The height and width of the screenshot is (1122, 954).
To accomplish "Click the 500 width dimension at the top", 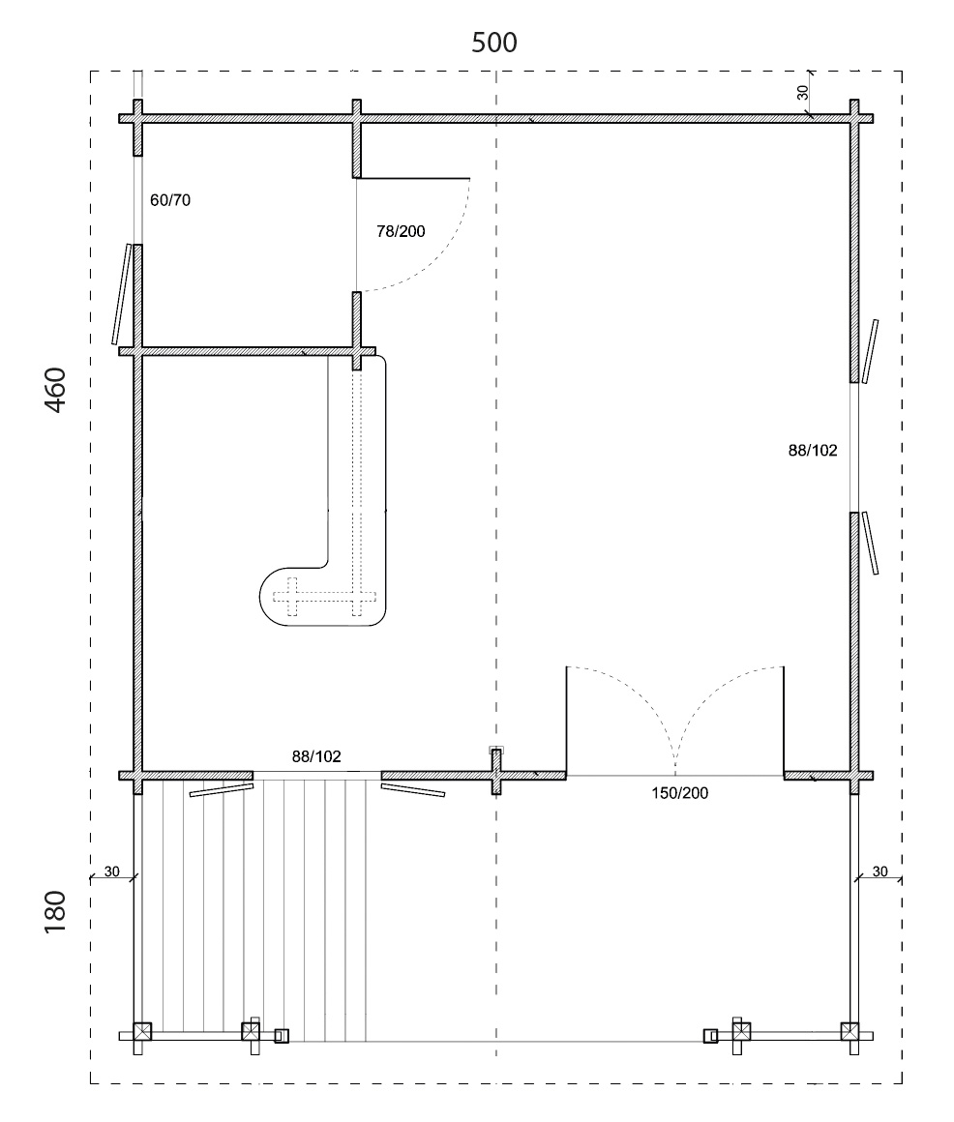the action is (x=493, y=43).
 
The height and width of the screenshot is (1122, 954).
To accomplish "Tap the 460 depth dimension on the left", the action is (x=56, y=390).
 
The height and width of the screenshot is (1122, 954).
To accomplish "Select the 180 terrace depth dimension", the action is (x=56, y=911).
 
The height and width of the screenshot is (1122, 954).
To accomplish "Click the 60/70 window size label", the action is (x=170, y=200).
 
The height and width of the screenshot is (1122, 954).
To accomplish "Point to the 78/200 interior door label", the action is (x=401, y=231).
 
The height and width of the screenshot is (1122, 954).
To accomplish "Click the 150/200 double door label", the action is (x=680, y=793).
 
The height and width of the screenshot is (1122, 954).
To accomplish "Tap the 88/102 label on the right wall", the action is (x=813, y=450).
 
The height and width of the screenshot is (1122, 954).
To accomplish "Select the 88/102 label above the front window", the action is (x=316, y=756).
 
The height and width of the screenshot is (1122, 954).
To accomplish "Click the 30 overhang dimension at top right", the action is (x=802, y=92).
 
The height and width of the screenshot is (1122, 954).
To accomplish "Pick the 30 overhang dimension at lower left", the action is (x=111, y=871).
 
